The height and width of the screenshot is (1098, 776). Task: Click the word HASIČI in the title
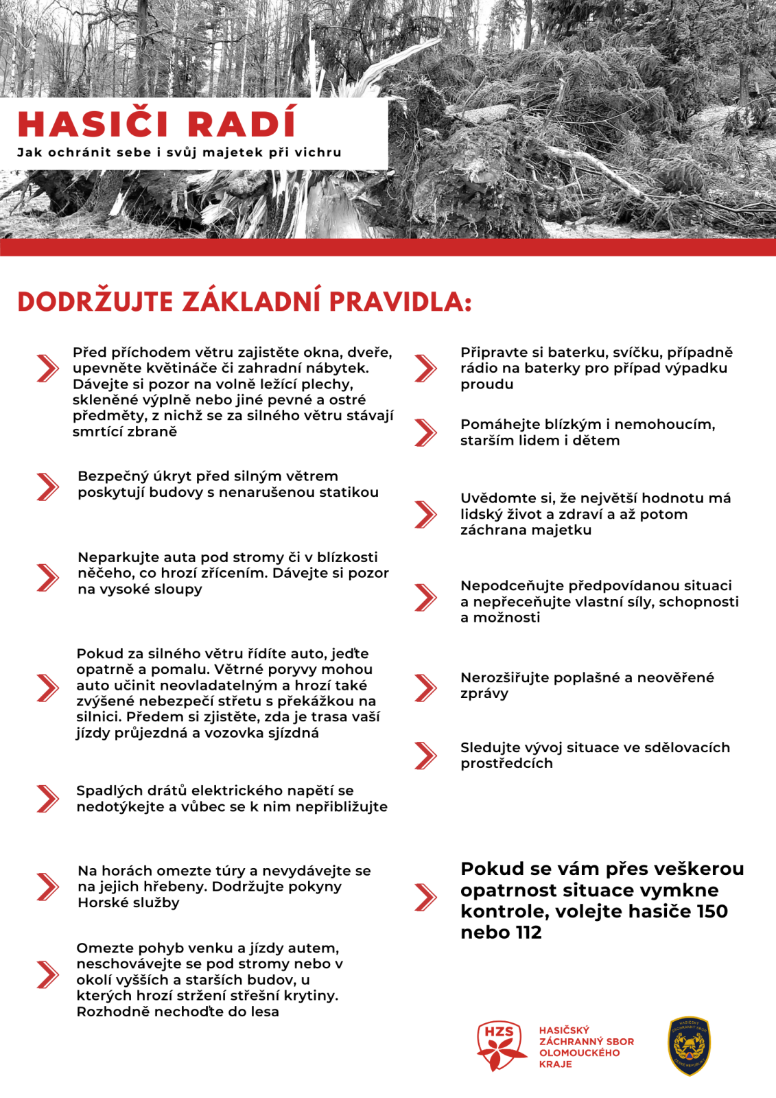click(93, 124)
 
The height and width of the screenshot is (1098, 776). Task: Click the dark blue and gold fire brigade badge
click(689, 1046)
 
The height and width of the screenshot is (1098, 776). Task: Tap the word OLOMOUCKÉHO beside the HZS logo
click(579, 1053)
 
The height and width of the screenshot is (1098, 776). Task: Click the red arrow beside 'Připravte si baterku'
click(425, 368)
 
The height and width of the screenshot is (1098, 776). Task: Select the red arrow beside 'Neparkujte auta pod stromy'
click(47, 577)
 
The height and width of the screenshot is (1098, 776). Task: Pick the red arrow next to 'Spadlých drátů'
click(47, 798)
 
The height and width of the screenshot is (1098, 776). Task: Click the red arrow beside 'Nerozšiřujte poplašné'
click(425, 688)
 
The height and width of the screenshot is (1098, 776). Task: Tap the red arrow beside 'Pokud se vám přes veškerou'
click(425, 897)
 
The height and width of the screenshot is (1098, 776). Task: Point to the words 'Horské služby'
click(128, 902)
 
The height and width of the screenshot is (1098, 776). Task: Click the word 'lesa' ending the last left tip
click(264, 1012)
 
